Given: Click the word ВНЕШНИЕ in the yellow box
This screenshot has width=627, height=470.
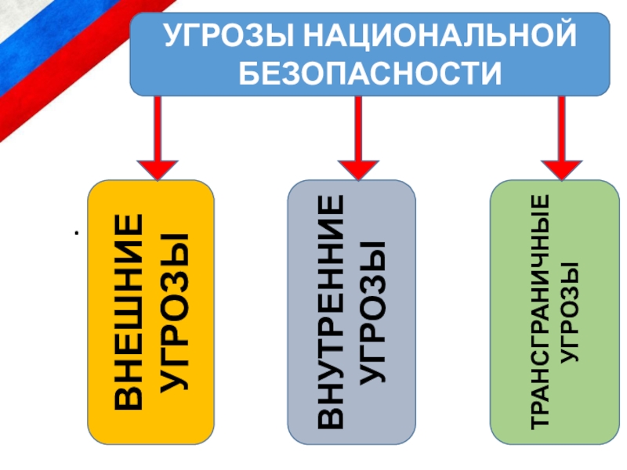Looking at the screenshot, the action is click(x=130, y=312).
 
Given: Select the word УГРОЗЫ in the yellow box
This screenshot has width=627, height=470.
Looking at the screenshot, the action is click(x=176, y=312).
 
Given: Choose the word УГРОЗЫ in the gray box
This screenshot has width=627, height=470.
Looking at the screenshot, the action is click(x=375, y=312).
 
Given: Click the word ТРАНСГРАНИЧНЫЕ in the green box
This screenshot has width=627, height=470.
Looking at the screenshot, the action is click(x=541, y=312).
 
